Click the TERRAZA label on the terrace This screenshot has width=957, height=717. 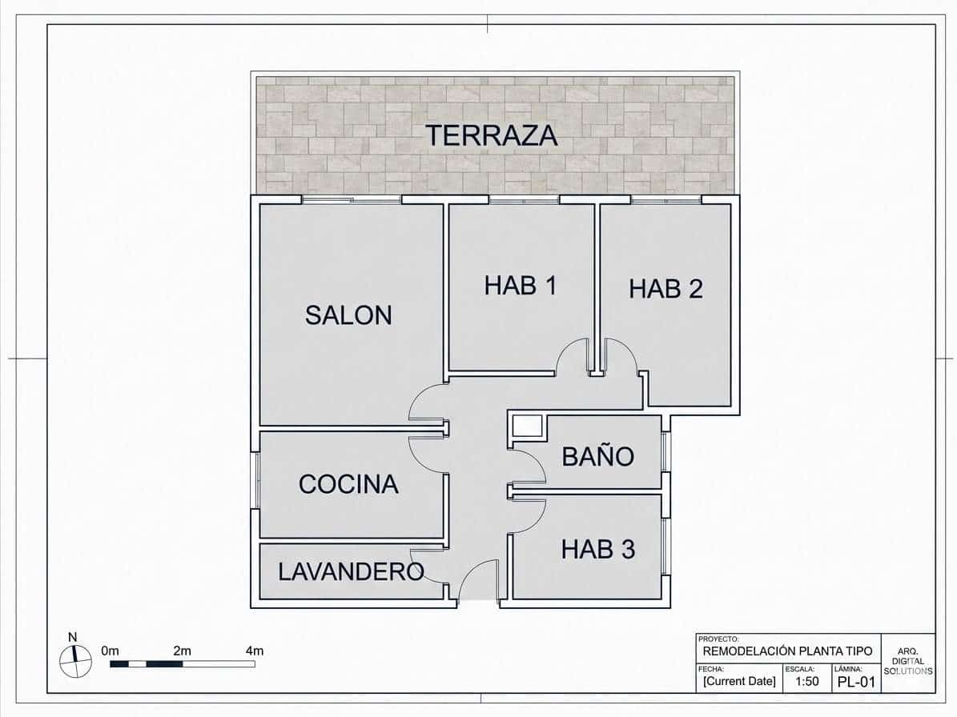pyautogui.click(x=491, y=135)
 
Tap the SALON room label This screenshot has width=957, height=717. pyautogui.click(x=348, y=315)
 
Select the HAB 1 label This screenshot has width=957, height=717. pyautogui.click(x=520, y=286)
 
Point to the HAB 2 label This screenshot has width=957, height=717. pyautogui.click(x=665, y=289)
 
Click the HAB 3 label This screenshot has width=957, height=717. pyautogui.click(x=597, y=549)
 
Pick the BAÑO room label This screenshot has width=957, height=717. pyautogui.click(x=597, y=457)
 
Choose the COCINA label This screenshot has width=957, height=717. pyautogui.click(x=348, y=484)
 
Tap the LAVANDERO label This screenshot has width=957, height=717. pyautogui.click(x=351, y=571)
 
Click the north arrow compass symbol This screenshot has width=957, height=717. pyautogui.click(x=75, y=661)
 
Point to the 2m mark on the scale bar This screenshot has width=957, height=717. pyautogui.click(x=182, y=651)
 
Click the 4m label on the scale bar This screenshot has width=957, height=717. pyautogui.click(x=254, y=651)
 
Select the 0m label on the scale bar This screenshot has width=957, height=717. pyautogui.click(x=111, y=651)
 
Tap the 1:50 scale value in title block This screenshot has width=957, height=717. pyautogui.click(x=806, y=683)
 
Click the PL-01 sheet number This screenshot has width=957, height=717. pyautogui.click(x=854, y=683)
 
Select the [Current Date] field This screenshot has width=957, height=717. pyautogui.click(x=739, y=682)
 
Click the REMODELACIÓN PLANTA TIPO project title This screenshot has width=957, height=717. pyautogui.click(x=787, y=651)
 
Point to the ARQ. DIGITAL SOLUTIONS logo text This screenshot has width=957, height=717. pyautogui.click(x=908, y=662)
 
